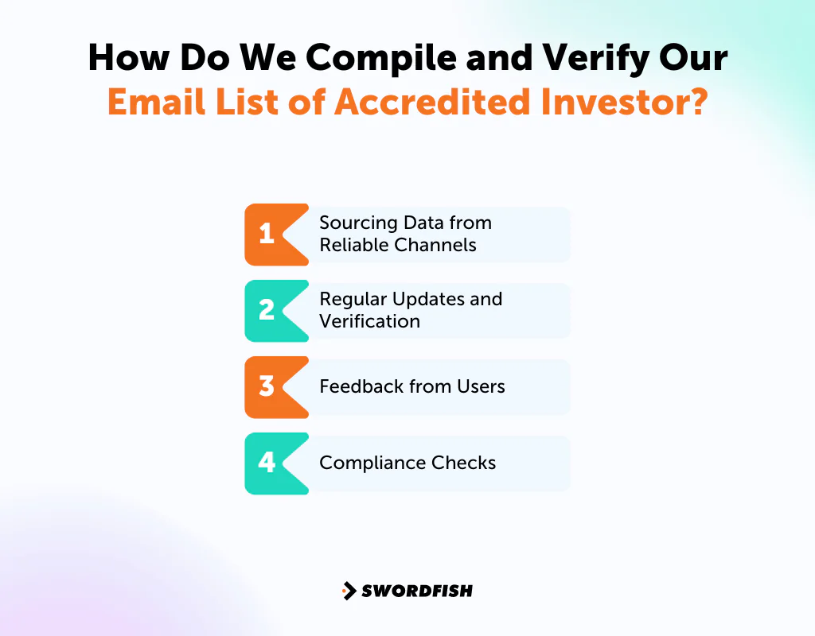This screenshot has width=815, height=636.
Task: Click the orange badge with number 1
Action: [x=267, y=234]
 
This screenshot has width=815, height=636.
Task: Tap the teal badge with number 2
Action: [x=267, y=310]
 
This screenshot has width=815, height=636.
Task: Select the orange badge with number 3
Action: [x=267, y=386]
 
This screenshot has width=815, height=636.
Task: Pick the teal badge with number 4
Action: [x=267, y=463]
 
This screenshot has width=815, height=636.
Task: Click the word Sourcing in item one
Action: [x=353, y=223]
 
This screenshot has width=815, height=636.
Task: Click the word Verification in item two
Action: [x=369, y=321]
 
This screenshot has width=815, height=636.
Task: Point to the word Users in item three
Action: [x=481, y=386]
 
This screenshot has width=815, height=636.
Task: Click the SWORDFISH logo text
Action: [x=417, y=591]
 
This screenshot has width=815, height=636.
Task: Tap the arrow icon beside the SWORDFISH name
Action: [x=349, y=591]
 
